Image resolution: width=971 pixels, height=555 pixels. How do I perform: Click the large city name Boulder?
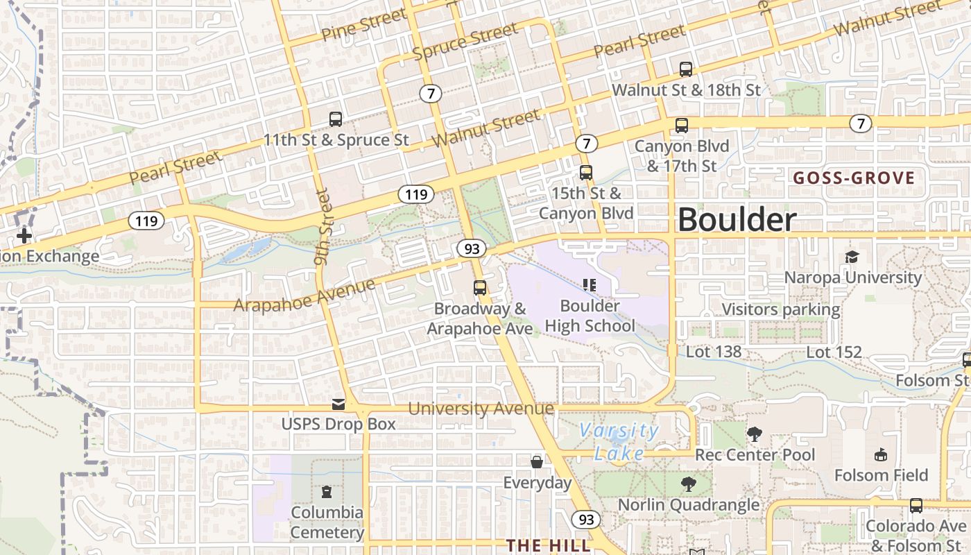click(737, 220)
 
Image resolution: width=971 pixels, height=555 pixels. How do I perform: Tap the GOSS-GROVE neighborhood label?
click(854, 178)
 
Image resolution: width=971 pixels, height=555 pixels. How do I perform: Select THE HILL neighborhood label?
click(548, 545)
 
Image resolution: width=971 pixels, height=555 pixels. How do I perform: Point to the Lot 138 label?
click(714, 352)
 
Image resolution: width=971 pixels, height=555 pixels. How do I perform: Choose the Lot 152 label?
click(834, 352)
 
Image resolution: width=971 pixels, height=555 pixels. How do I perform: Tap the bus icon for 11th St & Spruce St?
click(336, 119)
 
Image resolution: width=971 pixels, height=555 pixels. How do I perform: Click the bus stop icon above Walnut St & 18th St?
click(686, 69)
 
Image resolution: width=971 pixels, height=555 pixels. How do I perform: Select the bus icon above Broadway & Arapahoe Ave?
click(479, 288)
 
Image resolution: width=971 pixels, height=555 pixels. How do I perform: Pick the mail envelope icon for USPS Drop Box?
click(338, 404)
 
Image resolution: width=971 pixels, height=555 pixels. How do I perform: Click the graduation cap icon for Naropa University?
click(852, 257)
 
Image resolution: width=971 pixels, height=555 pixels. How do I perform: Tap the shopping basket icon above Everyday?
click(537, 462)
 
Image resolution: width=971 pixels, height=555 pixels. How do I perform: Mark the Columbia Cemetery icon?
click(327, 492)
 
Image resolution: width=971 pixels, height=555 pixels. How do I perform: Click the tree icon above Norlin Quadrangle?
click(688, 484)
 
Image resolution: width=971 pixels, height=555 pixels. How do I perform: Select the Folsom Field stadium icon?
click(881, 455)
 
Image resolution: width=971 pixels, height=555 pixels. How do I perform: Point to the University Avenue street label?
click(481, 409)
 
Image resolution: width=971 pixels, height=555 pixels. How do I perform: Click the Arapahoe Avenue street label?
click(304, 296)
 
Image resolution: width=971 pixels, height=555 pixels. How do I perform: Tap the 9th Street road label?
click(323, 228)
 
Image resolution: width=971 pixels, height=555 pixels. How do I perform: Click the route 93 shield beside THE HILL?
click(586, 519)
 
